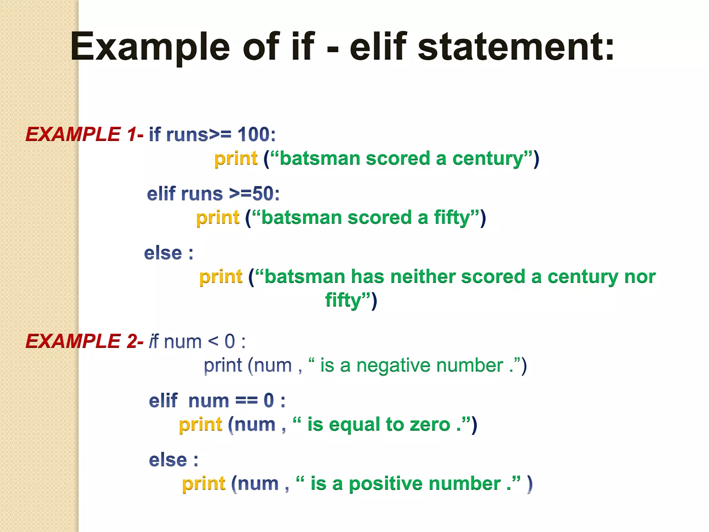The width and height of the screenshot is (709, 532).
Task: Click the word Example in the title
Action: coord(150,47)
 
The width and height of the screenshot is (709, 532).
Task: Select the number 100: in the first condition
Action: coord(257,134)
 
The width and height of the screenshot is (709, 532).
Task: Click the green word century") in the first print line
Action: coord(492,159)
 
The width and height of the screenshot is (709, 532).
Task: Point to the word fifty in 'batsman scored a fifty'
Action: coord(452,218)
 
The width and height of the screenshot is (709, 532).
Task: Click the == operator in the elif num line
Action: coord(246,401)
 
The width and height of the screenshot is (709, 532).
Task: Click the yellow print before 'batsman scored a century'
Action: coord(236,159)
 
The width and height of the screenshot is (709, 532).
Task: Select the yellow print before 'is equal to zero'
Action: coord(200,425)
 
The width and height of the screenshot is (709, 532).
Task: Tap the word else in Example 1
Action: coord(163,253)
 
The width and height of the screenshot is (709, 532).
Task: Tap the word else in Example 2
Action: coord(168,460)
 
